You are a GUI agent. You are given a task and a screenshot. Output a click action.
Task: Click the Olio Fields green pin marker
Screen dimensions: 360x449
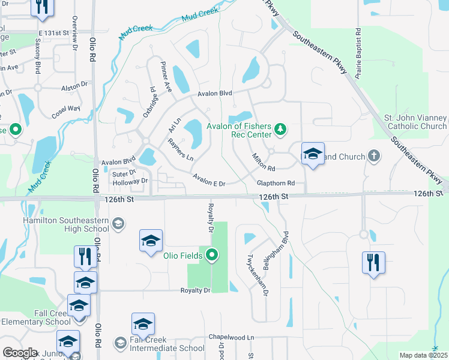point(211,256)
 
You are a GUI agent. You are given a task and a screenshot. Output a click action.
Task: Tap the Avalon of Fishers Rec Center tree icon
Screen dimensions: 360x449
point(279,128)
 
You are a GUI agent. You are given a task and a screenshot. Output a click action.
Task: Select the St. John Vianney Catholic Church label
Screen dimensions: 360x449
point(415,122)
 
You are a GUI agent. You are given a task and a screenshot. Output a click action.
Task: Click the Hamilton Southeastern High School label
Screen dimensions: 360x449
point(66,225)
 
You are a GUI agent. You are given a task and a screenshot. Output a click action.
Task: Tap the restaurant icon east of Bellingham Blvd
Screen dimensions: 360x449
point(373,262)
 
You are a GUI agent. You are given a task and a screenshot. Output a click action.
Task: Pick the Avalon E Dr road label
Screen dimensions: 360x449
point(208,179)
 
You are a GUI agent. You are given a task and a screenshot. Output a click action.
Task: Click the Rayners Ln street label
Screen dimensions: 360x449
point(180,149)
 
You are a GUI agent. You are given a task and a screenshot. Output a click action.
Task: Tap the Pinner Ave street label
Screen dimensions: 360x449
point(166,76)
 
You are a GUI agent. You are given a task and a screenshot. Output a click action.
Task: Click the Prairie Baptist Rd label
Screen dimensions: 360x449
point(358,53)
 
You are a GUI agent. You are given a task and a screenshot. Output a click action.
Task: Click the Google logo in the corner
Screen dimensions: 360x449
point(19,353)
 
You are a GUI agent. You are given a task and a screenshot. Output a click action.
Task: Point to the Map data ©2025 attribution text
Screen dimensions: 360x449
point(423,355)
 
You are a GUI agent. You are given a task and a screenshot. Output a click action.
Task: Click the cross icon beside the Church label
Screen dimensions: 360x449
point(374,157)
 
